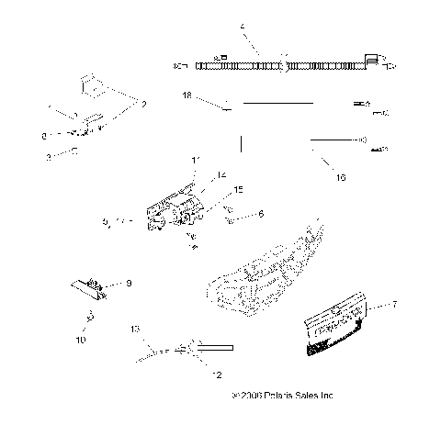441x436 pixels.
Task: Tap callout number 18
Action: [187, 95]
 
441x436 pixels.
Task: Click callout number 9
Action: [129, 284]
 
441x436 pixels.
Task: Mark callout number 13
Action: [134, 328]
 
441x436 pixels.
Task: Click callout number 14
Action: [220, 174]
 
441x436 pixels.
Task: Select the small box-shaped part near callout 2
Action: [92, 84]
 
